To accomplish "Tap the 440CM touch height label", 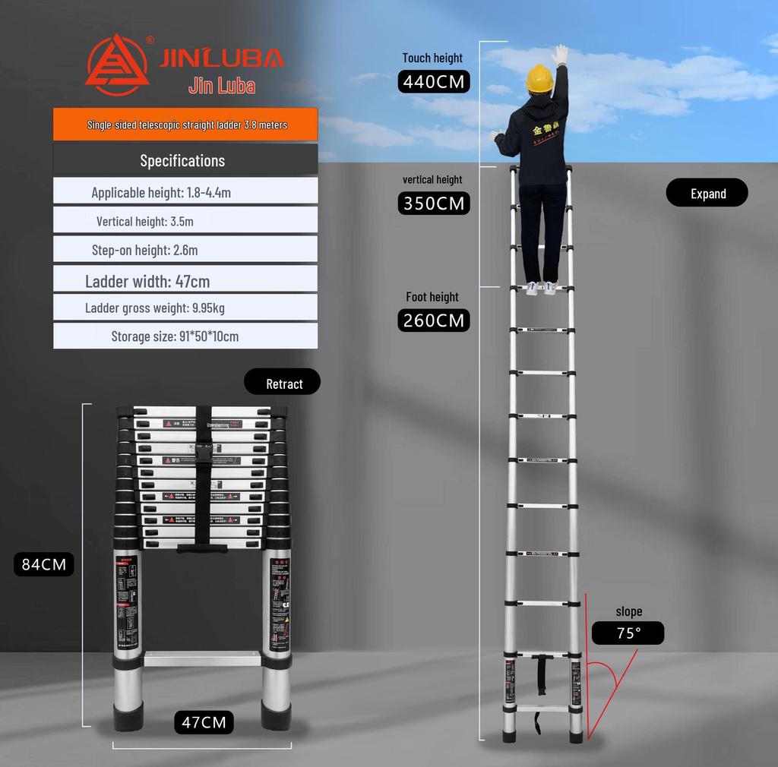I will point(434,81).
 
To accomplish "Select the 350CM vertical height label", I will point(434,204).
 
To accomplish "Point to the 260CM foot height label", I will point(434,320).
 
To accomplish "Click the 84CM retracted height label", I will point(44,564).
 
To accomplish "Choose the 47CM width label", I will point(203,721).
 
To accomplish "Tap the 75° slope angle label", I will point(628,633).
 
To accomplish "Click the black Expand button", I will point(707,193).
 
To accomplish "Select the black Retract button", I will point(283,383).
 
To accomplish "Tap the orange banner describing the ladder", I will point(185,125).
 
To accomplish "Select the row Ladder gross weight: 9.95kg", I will point(185,308).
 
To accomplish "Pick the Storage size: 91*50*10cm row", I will point(185,336).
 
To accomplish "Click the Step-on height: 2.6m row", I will point(185,250).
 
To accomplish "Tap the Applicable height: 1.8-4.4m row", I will point(185,192).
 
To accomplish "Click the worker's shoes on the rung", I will point(541,288).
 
